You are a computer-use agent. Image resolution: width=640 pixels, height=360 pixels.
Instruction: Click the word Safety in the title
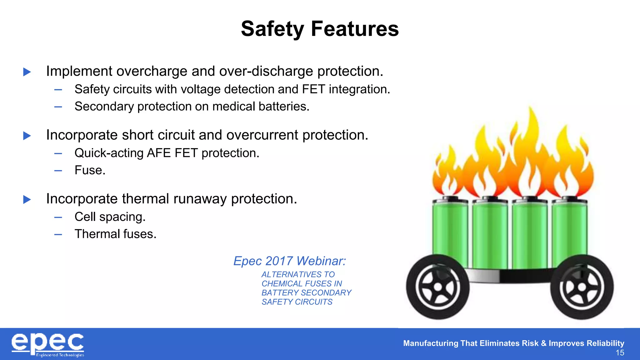272,29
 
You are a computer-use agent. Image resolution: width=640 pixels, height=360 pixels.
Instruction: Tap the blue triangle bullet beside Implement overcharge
27,72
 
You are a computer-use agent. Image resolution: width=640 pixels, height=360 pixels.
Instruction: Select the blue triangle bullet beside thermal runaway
27,199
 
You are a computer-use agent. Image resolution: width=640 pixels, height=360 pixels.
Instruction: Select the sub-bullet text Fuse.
90,170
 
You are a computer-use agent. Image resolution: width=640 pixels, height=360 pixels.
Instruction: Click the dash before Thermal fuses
58,234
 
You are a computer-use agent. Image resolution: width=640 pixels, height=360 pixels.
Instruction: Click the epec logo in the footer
48,344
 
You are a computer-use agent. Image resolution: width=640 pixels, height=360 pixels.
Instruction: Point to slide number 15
620,353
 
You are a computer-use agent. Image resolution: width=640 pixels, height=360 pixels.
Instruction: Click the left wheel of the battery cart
437,287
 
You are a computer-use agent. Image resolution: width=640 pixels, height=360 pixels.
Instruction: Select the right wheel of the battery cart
582,287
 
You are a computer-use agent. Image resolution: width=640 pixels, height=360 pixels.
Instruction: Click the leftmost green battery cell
450,231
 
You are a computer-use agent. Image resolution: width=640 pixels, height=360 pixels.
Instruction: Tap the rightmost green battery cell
569,231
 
